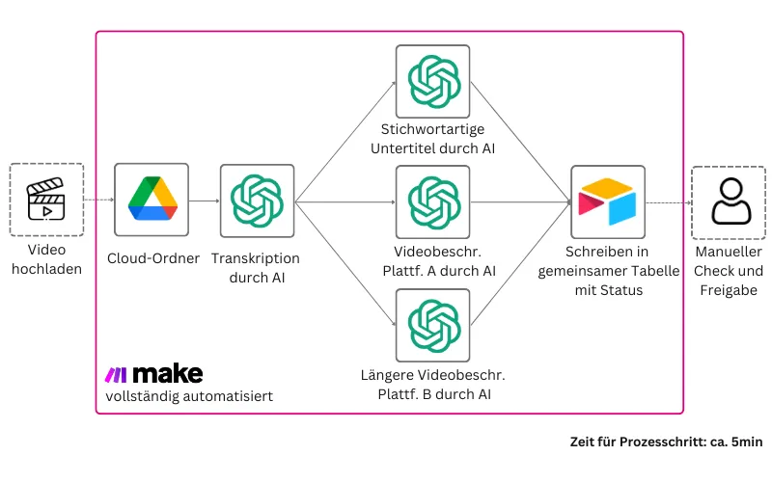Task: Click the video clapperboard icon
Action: coord(45,200)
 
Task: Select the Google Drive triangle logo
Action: coord(152,199)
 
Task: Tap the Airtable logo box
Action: coord(608,201)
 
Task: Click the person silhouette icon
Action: coord(731,201)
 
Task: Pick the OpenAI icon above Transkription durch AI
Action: coord(257,201)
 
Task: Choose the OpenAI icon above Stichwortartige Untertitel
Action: coord(433,82)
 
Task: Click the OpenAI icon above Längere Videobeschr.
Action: coord(433,326)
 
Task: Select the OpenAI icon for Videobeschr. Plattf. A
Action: coord(433,202)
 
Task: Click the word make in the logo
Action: coord(168,374)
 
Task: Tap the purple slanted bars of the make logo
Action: coord(116,375)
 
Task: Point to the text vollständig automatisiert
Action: coord(189,396)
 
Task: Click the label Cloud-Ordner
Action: coord(153,258)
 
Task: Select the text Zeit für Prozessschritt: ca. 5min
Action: coord(666,442)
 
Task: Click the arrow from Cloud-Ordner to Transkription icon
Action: coord(205,201)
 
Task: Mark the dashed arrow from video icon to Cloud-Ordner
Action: coord(99,200)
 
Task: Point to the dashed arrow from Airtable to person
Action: coord(669,202)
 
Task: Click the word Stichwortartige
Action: coord(432,129)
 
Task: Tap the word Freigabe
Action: coord(729,290)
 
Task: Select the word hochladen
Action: coord(46,269)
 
